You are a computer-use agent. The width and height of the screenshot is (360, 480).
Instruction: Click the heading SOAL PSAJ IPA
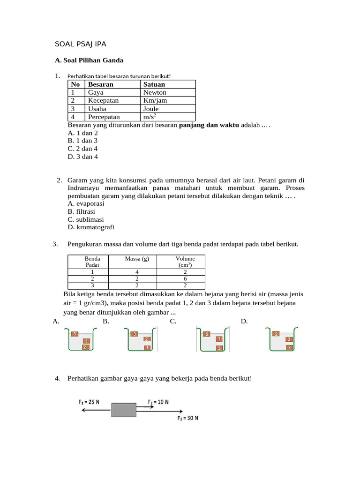point(81,45)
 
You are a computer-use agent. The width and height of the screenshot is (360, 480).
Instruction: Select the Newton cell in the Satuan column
point(155,92)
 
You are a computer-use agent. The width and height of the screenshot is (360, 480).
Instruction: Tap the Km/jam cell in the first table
point(155,100)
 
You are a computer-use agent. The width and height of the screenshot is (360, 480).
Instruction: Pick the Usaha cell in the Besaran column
point(97,109)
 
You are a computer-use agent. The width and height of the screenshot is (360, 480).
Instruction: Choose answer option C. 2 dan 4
point(82,149)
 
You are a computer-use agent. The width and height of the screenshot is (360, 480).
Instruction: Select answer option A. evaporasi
point(86,203)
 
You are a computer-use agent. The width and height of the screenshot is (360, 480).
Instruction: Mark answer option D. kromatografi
point(91,227)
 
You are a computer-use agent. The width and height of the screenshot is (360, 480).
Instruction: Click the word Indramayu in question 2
point(83,187)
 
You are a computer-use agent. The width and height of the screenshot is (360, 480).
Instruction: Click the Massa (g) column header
point(137,259)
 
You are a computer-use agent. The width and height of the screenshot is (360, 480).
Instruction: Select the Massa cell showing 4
point(137,271)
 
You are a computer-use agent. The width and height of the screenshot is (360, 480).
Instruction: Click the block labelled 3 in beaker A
point(75,334)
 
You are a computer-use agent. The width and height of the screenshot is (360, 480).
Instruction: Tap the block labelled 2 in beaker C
point(207,334)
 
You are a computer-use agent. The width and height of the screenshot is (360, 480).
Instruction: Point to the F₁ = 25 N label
point(89,402)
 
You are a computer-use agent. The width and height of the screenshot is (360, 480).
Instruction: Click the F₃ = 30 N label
point(187,418)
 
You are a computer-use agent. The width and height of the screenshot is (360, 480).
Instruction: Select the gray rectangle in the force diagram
point(123,410)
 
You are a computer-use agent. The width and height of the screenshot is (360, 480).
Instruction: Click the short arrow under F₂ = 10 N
point(144,408)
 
